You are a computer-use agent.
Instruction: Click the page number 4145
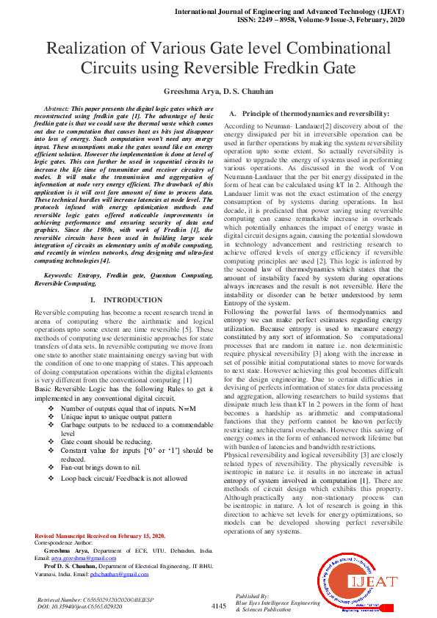click(x=218, y=606)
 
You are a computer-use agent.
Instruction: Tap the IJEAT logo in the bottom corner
click(x=375, y=582)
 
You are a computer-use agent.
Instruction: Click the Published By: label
click(x=253, y=596)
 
